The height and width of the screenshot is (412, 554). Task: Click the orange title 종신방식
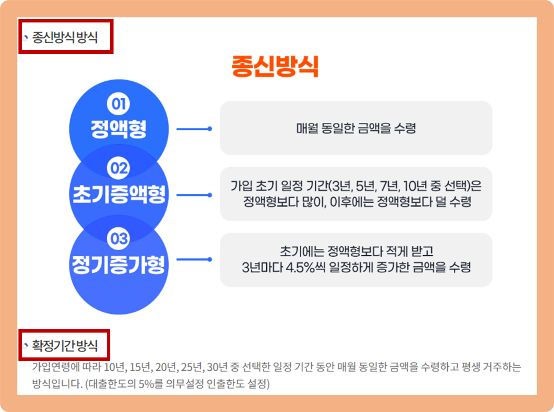[x=275, y=66]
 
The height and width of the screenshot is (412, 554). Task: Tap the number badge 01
[x=118, y=104]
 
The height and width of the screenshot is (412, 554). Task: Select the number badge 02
[x=118, y=168]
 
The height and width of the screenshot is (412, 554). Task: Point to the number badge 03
[x=118, y=239]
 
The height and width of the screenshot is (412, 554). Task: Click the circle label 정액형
[x=118, y=128]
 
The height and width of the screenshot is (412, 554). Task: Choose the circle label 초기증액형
[x=119, y=194]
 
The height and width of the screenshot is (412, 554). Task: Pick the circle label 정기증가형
[x=118, y=265]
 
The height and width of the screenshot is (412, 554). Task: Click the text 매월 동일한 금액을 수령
[x=356, y=128]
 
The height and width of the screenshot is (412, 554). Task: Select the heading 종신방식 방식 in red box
[x=65, y=37]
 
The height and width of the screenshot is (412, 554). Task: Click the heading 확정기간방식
[x=65, y=345]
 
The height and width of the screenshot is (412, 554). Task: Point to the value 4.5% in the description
[x=300, y=267]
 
